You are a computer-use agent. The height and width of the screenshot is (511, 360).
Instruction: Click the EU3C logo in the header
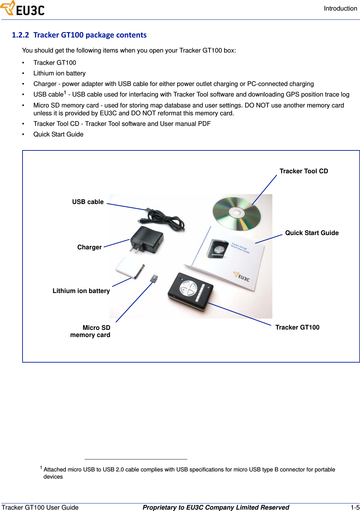(x=23, y=9)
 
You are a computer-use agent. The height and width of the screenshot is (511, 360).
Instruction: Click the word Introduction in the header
(x=340, y=9)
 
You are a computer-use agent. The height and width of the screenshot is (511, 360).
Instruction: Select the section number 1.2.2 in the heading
(x=20, y=35)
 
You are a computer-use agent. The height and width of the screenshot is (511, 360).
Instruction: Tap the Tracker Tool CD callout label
(x=303, y=171)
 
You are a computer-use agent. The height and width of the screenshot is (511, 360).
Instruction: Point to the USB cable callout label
(x=88, y=202)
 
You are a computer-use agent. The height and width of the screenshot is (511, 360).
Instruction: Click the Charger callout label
(x=89, y=247)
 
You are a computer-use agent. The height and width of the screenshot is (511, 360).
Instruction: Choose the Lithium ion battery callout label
(x=81, y=291)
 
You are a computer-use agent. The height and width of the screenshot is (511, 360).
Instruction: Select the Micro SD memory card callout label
(x=91, y=331)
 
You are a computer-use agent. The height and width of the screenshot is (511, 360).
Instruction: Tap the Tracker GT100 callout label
(x=297, y=327)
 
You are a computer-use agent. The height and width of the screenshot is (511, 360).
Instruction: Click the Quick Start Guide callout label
(x=312, y=233)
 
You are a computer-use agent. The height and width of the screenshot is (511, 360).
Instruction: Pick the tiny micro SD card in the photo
(x=154, y=278)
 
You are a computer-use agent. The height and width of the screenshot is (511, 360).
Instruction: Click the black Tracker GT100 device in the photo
(x=190, y=291)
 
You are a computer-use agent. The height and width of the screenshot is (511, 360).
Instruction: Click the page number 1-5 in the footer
(x=355, y=507)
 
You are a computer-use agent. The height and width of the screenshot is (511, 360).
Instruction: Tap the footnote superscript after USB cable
(x=65, y=92)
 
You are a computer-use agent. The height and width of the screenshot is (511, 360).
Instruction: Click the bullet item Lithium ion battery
(x=59, y=73)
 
